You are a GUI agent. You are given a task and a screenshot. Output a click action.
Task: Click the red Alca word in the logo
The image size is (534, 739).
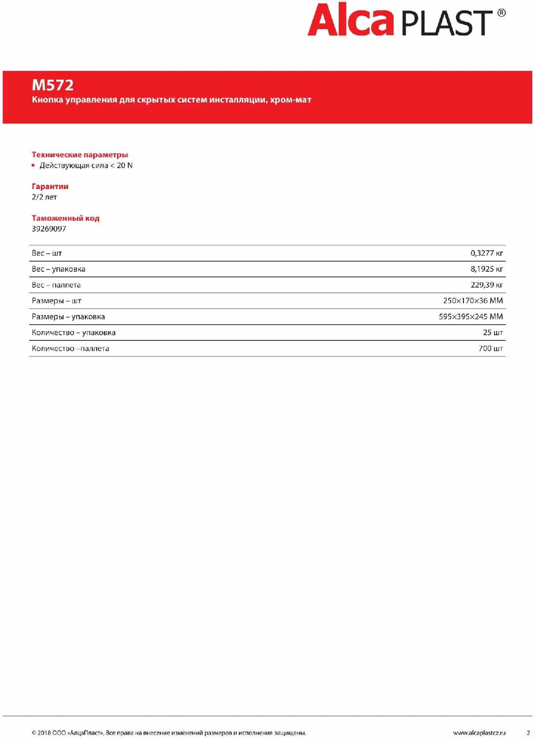coord(350,21)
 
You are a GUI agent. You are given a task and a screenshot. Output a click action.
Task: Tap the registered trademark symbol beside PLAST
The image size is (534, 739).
coord(501,13)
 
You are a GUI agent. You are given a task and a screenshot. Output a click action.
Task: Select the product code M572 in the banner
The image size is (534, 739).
coord(53,85)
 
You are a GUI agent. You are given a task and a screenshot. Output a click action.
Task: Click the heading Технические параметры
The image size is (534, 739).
coord(80,155)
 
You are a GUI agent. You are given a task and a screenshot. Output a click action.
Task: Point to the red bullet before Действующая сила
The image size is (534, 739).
coord(34,166)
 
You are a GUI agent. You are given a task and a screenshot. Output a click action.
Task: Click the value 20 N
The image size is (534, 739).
coord(124,166)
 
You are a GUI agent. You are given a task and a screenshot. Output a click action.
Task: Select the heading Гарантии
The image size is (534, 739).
coord(50,186)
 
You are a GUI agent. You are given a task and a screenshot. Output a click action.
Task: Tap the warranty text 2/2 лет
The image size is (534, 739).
coord(44,197)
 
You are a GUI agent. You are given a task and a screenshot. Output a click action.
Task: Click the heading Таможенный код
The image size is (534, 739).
coord(66,218)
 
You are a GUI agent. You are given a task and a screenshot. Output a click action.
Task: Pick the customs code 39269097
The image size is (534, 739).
coord(49,229)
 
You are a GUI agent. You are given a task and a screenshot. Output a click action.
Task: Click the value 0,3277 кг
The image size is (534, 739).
coord(486,253)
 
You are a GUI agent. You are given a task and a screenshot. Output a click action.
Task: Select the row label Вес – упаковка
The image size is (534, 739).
coord(58,269)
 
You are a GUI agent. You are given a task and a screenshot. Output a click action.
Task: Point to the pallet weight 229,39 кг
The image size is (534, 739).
coord(486,285)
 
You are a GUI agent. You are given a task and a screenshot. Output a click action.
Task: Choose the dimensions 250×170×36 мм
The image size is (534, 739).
coord(472,301)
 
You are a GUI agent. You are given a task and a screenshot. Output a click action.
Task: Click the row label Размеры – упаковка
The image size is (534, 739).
coord(68,317)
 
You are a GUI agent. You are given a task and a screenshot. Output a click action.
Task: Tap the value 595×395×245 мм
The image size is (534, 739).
coord(470,317)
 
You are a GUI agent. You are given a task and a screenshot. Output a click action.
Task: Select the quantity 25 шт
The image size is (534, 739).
coord(493,333)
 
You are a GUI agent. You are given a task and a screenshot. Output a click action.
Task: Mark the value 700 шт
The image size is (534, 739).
coord(491,348)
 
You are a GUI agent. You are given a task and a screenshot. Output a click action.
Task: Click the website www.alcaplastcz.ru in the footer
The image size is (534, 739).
coord(479,733)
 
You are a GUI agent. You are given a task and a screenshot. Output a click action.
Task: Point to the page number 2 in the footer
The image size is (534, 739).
coord(528,733)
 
